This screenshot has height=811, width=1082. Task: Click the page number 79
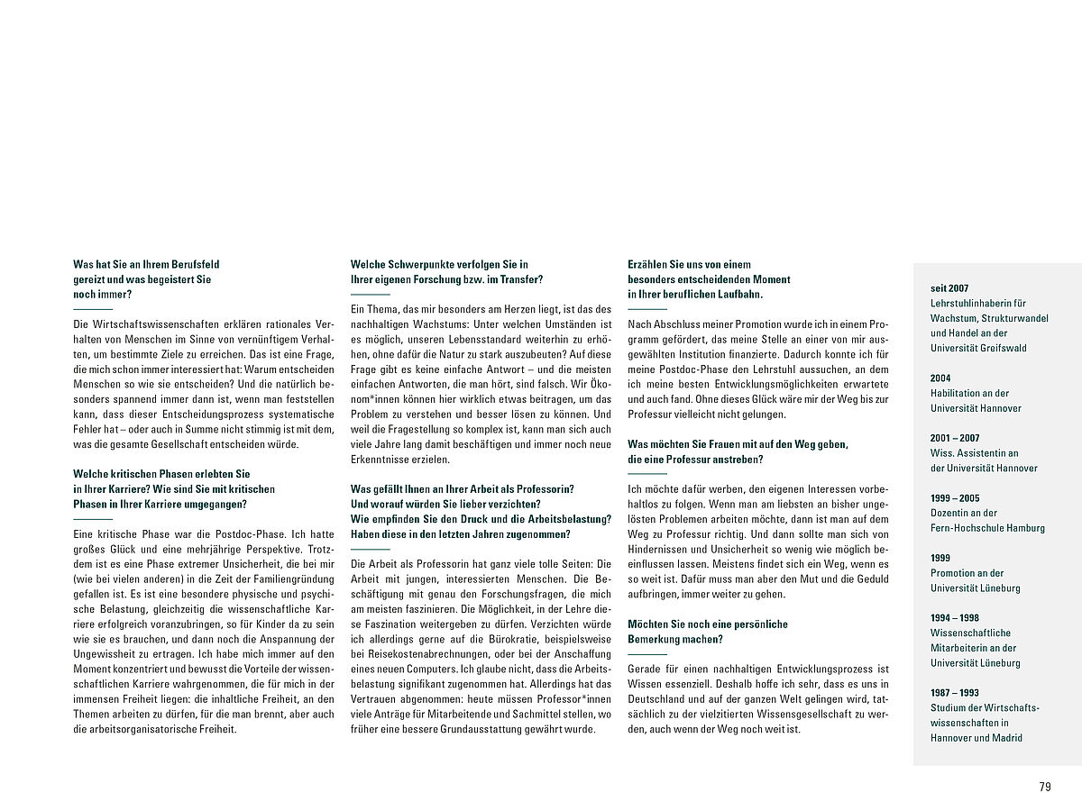(x=1045, y=787)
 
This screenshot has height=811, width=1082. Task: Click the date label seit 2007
(x=949, y=288)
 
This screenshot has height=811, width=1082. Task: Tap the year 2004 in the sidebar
(x=940, y=378)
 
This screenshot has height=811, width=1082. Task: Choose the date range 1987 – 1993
(x=955, y=693)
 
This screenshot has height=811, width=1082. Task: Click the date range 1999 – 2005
(x=955, y=498)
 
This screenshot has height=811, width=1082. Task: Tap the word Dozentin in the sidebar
(x=951, y=513)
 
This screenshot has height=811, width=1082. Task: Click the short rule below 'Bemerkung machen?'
(x=647, y=654)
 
